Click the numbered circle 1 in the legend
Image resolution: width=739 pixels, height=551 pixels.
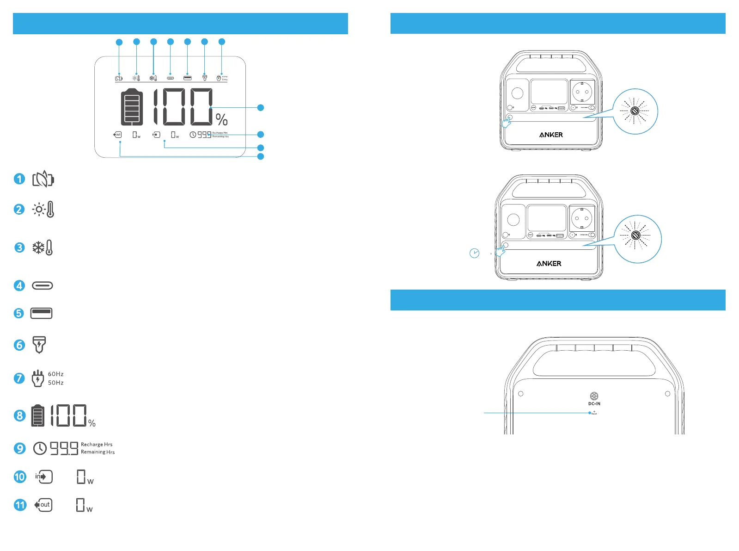pyautogui.click(x=19, y=179)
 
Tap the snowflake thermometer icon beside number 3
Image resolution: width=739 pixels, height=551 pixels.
pyautogui.click(x=43, y=248)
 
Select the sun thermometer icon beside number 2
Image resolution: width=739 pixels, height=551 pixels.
pyautogui.click(x=43, y=210)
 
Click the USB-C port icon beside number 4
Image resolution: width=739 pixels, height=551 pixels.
pyautogui.click(x=43, y=285)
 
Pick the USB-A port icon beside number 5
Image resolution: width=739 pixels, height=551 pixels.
pyautogui.click(x=42, y=313)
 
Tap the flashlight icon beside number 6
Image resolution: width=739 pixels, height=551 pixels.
pyautogui.click(x=39, y=345)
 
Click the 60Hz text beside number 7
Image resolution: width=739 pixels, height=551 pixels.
pyautogui.click(x=56, y=374)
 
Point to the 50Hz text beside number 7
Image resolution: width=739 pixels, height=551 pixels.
pyautogui.click(x=56, y=383)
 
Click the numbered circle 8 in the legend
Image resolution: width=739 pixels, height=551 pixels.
pyautogui.click(x=19, y=415)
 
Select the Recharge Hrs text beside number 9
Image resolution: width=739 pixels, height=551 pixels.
pyautogui.click(x=97, y=444)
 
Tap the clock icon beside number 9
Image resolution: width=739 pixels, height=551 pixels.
pyautogui.click(x=40, y=448)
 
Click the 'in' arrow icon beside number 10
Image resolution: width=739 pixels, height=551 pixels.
pyautogui.click(x=44, y=477)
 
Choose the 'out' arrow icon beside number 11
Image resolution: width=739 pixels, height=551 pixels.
pyautogui.click(x=43, y=505)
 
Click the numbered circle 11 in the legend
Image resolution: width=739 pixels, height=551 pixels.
pyautogui.click(x=20, y=505)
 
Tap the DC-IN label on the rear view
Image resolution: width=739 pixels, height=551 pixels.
pyautogui.click(x=594, y=403)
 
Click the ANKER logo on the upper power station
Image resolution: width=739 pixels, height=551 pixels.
pyautogui.click(x=551, y=135)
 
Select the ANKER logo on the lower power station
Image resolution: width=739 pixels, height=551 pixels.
pyautogui.click(x=549, y=263)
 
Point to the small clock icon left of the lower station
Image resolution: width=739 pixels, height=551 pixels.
pyautogui.click(x=474, y=253)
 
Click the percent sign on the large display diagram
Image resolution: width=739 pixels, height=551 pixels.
pyautogui.click(x=222, y=120)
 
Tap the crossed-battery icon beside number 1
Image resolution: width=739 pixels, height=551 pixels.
pyautogui.click(x=43, y=179)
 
